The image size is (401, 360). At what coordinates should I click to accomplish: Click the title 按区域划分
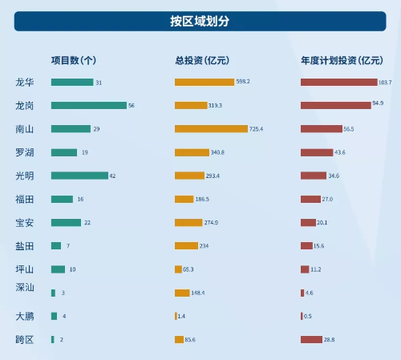200,21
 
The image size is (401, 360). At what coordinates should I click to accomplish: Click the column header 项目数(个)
74,60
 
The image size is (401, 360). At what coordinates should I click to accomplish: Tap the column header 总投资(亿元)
202,60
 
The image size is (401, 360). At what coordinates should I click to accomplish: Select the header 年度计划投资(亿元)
342,60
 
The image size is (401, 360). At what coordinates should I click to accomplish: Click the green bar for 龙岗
89,106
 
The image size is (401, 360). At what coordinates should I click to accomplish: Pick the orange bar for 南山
211,129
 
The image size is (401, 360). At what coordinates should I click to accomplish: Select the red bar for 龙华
339,82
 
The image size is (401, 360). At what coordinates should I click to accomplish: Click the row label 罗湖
25,152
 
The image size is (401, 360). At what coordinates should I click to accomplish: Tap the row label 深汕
25,287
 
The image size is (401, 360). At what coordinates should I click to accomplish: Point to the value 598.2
243,81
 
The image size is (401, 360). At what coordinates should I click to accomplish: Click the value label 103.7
385,83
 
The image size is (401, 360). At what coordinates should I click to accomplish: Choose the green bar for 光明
79,176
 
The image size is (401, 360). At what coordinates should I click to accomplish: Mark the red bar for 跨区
311,339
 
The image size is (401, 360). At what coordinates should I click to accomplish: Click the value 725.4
256,129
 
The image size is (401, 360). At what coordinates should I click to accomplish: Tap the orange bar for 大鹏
176,316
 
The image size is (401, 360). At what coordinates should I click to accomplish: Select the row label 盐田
25,246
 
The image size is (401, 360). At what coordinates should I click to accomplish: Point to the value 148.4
198,293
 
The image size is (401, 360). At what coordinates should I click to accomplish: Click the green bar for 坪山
58,269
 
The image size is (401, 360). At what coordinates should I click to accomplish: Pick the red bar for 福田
310,199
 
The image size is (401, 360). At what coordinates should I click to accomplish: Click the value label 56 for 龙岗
132,106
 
